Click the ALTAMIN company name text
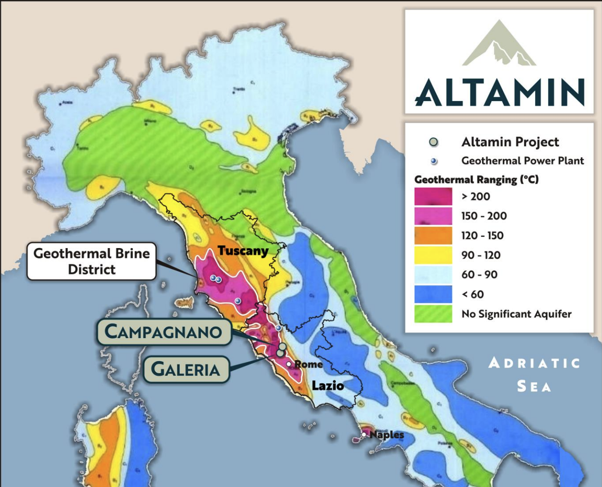coord(499,92)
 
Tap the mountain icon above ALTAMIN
coord(499,44)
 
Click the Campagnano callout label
coord(164,332)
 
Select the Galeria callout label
coord(186,369)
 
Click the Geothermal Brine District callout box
coord(92,261)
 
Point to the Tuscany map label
coord(243,251)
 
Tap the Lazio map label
coord(328,385)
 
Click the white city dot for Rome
coord(289,364)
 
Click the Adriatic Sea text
coord(534,374)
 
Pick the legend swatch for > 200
coord(433,196)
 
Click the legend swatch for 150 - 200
coord(433,216)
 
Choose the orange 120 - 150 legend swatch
coord(433,236)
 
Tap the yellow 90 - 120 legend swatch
coord(433,255)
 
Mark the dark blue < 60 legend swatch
coord(433,294)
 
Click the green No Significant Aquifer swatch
coord(433,314)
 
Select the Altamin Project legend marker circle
coord(433,142)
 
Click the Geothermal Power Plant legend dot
coord(434,161)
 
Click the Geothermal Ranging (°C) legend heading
coord(476,179)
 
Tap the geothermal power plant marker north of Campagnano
coord(278,328)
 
